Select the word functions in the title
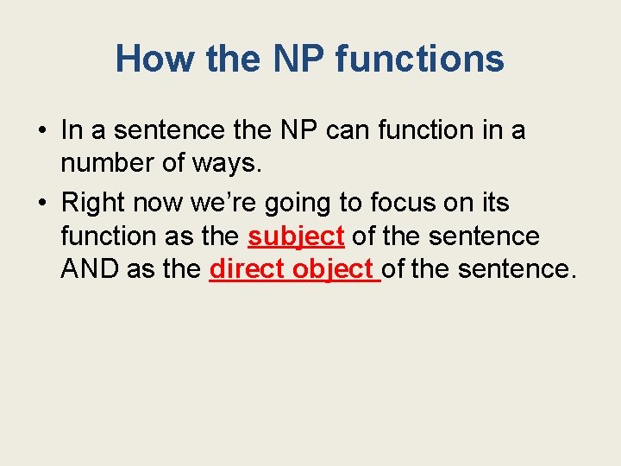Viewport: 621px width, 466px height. (419, 59)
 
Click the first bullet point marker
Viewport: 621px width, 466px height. (41, 131)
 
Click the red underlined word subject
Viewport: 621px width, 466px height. (296, 236)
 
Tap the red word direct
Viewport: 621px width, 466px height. (248, 268)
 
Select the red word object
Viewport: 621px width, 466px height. (334, 268)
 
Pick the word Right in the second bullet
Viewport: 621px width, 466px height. (92, 204)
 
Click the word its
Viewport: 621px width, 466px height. (492, 204)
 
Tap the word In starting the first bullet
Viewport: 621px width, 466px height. (72, 130)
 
